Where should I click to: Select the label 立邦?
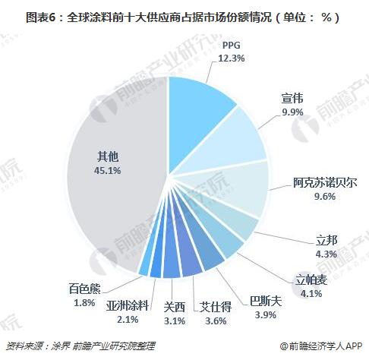coord(328,242)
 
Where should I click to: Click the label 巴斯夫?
coord(266,301)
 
